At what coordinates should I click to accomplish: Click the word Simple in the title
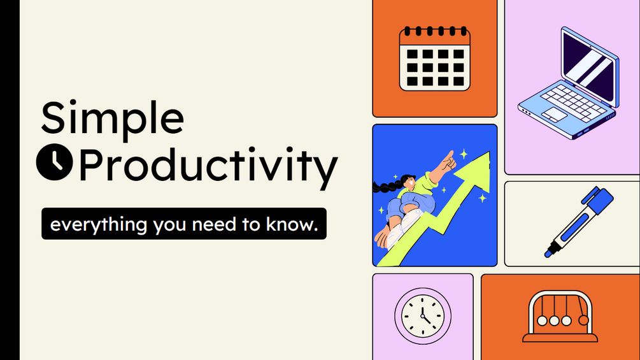(113, 119)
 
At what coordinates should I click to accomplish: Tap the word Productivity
(208, 166)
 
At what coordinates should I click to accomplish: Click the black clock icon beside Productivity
(54, 163)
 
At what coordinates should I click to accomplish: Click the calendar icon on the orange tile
(434, 59)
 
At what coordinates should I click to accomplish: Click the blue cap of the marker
(598, 201)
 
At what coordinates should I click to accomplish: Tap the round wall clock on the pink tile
(422, 315)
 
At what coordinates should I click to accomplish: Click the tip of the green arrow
(485, 157)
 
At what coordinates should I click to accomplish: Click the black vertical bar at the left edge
(10, 180)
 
